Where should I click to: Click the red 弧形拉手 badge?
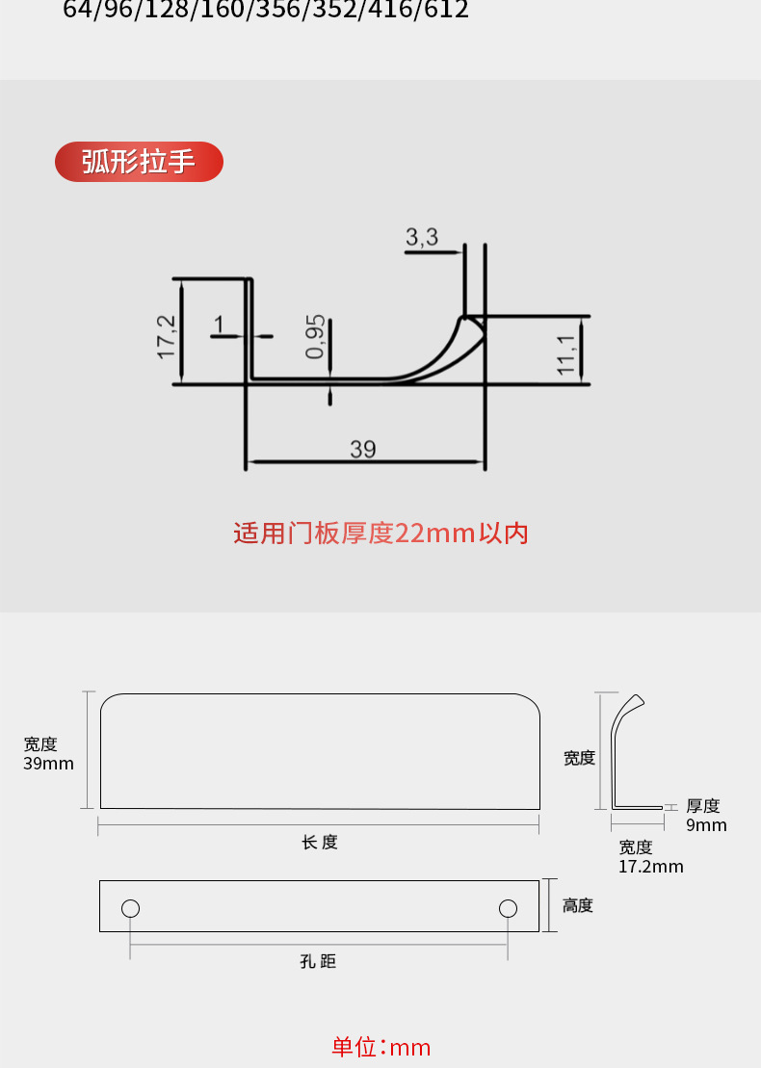[x=139, y=162]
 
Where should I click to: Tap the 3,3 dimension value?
[x=422, y=237]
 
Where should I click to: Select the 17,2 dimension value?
[x=168, y=336]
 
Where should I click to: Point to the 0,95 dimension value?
[x=316, y=337]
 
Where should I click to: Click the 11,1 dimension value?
[x=566, y=350]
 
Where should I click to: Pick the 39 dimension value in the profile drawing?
[x=363, y=449]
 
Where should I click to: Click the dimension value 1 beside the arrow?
[x=220, y=325]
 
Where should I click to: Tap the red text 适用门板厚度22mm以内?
[x=380, y=534]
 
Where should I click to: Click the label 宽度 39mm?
[x=48, y=753]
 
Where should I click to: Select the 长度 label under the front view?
[x=320, y=843]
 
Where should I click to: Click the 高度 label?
[x=578, y=906]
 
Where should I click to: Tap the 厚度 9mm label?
[x=705, y=815]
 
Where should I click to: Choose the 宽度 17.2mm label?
[x=650, y=856]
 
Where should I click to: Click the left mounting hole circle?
[x=131, y=908]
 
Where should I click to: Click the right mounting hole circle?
[x=508, y=908]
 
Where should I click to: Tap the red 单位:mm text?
[x=380, y=1047]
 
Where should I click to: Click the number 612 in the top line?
[x=447, y=11]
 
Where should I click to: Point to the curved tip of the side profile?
[x=637, y=699]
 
